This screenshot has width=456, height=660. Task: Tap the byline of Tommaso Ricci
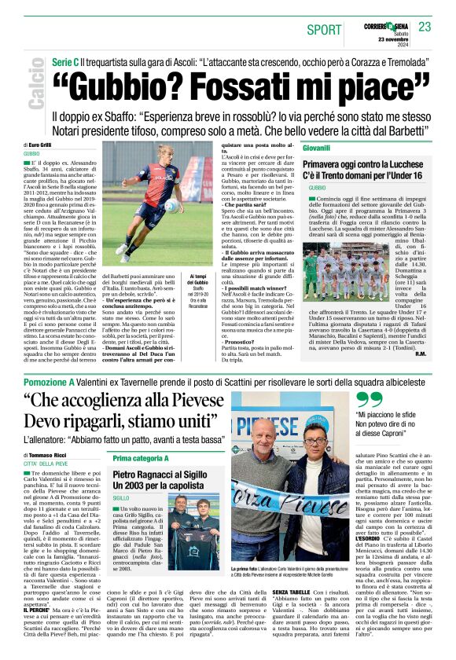point(48,455)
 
